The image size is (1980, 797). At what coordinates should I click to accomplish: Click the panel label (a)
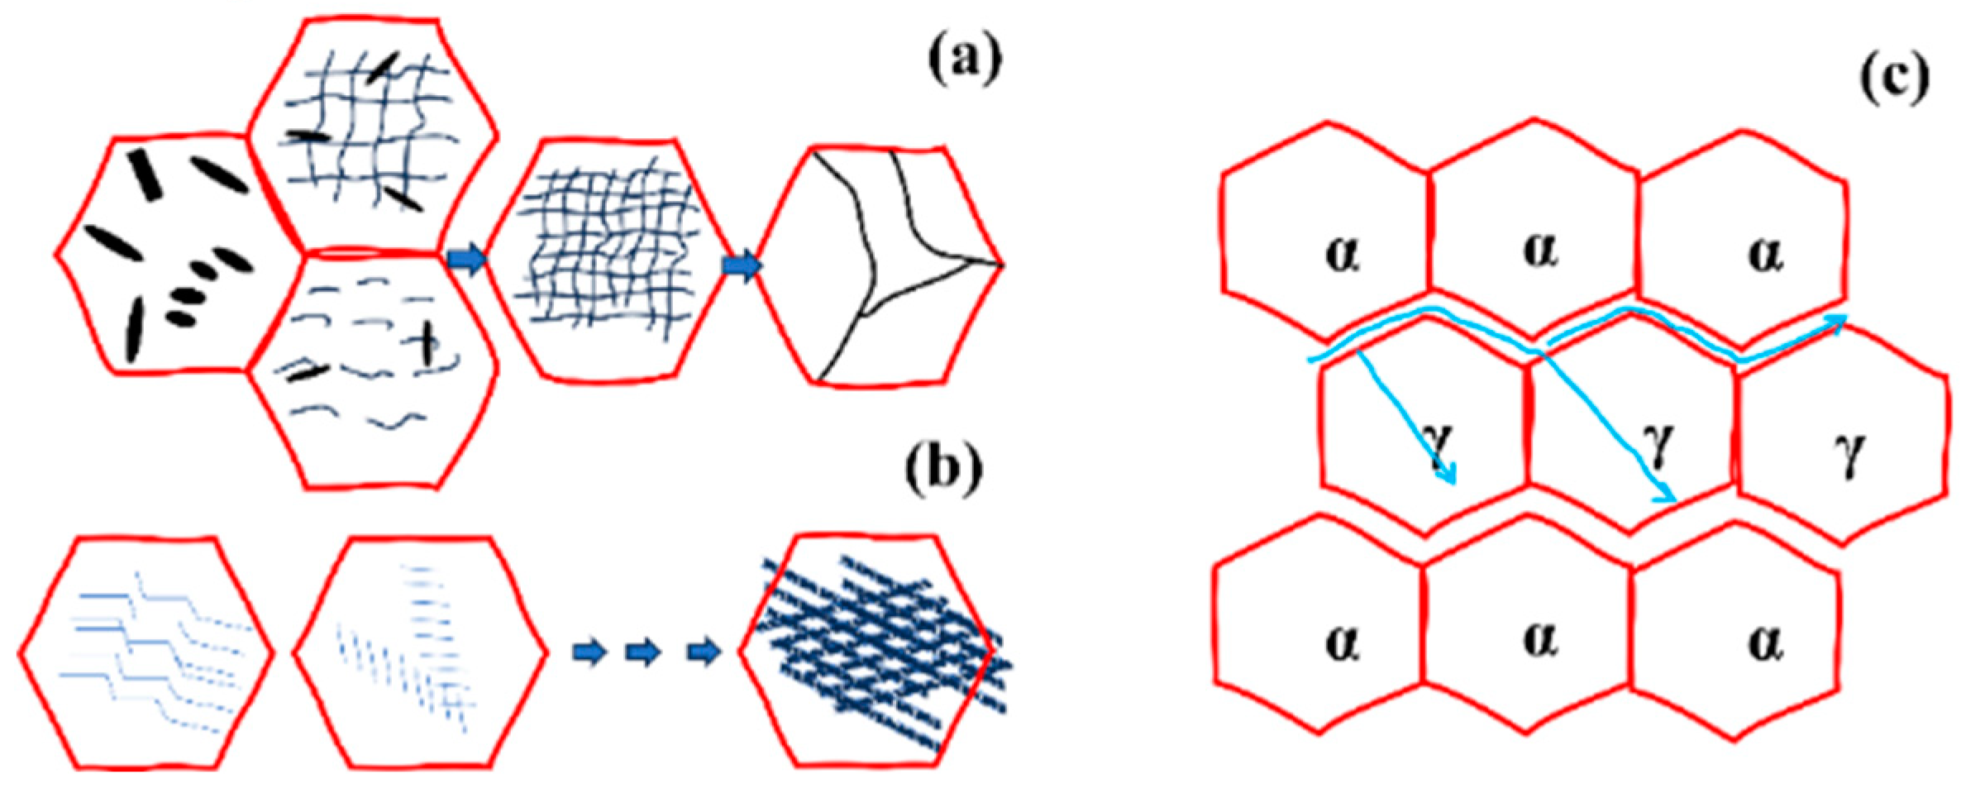pos(964,60)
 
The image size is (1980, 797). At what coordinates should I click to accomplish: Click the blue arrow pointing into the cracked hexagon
pos(742,266)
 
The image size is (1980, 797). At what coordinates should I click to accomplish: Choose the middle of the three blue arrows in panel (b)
pos(643,653)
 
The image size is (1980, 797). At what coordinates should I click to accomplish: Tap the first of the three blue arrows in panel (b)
pos(590,653)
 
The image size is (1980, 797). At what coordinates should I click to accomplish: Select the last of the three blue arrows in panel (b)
pos(703,653)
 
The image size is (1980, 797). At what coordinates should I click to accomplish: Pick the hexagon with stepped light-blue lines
pos(146,653)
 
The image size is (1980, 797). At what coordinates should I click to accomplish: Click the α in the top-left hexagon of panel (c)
pos(1343,254)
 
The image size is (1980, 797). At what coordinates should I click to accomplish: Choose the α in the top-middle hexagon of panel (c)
pos(1540,250)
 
